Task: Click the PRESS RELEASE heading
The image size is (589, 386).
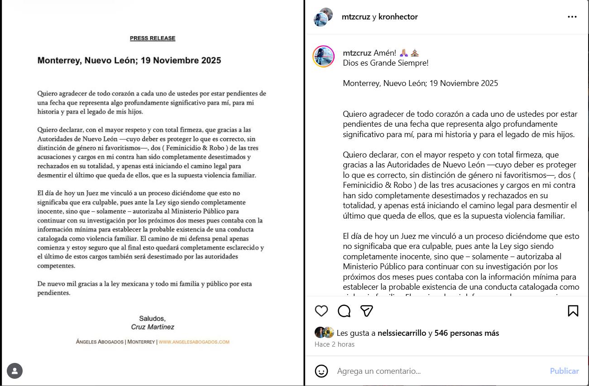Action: pyautogui.click(x=153, y=38)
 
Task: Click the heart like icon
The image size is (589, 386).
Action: pyautogui.click(x=321, y=311)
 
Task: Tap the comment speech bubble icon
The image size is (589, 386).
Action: pyautogui.click(x=344, y=311)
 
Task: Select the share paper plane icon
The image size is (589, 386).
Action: pyautogui.click(x=366, y=311)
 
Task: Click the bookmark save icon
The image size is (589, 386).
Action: pyautogui.click(x=573, y=311)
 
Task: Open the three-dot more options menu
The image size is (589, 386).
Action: pyautogui.click(x=572, y=17)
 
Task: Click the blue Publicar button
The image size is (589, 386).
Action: pyautogui.click(x=564, y=371)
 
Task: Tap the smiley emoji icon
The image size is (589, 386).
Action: pyautogui.click(x=321, y=371)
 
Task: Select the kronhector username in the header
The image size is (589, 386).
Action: pyautogui.click(x=398, y=17)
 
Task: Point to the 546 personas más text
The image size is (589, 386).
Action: pyautogui.click(x=466, y=333)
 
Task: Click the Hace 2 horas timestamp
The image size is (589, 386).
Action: pyautogui.click(x=335, y=344)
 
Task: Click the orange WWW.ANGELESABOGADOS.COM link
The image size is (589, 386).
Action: pyautogui.click(x=194, y=342)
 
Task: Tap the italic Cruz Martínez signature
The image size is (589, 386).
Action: pyautogui.click(x=153, y=327)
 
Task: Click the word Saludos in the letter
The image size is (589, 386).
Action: pyautogui.click(x=152, y=319)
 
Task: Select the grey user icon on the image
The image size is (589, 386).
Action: pyautogui.click(x=15, y=371)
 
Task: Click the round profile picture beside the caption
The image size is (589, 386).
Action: pyautogui.click(x=324, y=57)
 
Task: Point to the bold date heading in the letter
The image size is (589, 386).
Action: pyautogui.click(x=129, y=60)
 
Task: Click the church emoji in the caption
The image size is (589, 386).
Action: pyautogui.click(x=415, y=53)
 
